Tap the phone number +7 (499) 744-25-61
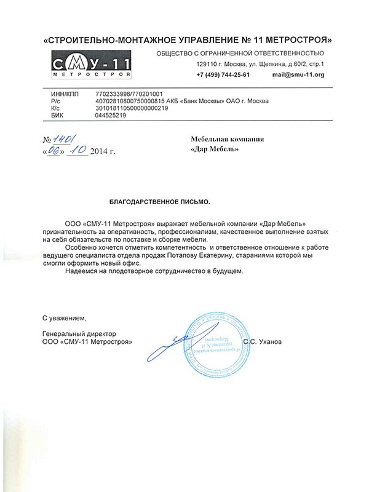click(x=223, y=75)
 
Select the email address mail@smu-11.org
click(x=298, y=75)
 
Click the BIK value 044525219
click(x=111, y=115)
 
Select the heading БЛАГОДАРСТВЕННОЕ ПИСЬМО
click(x=159, y=202)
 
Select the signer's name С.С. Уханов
click(x=262, y=341)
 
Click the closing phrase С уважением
click(x=65, y=318)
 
